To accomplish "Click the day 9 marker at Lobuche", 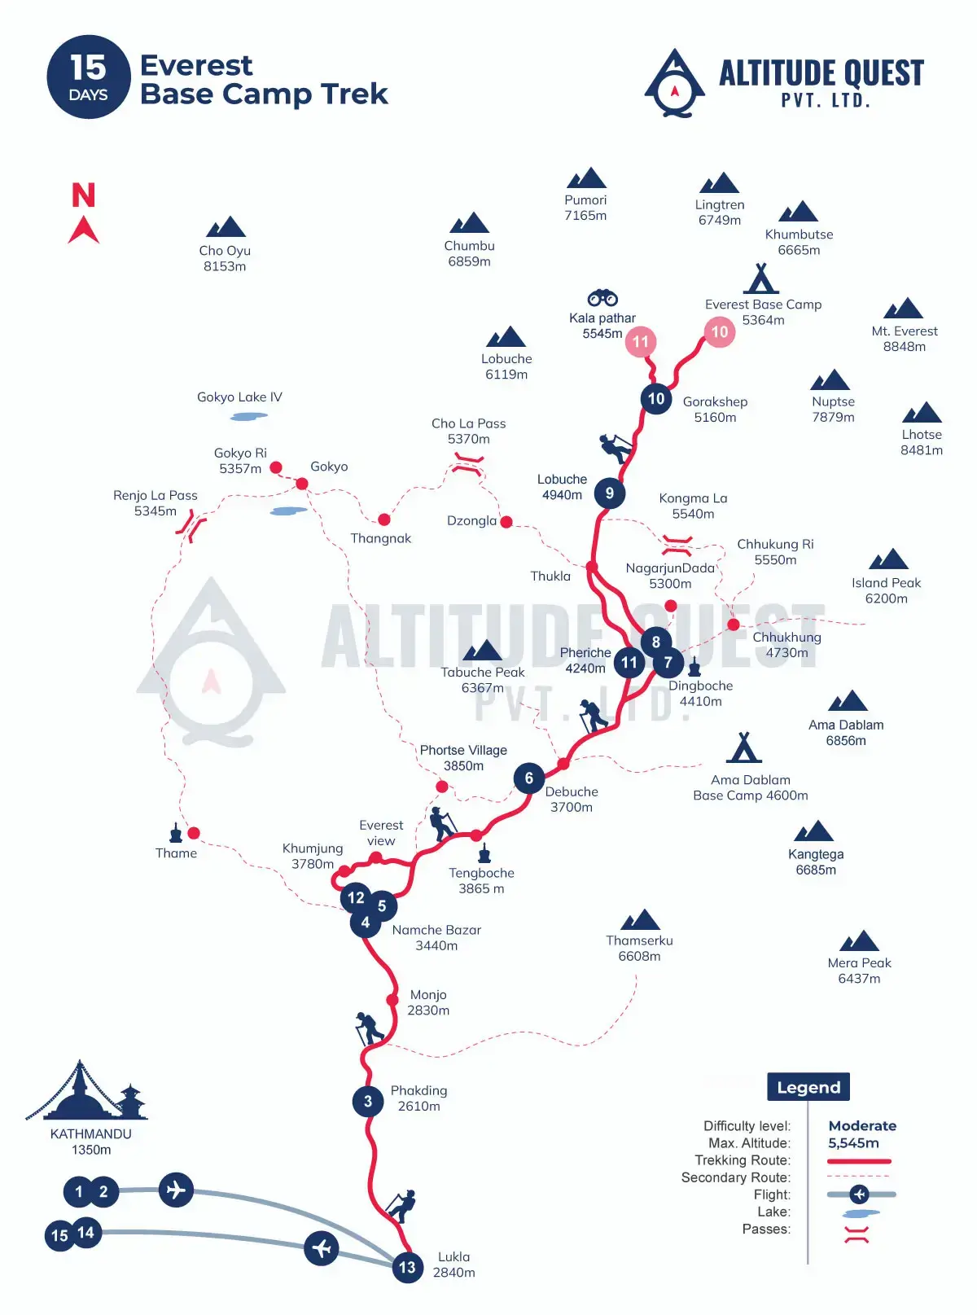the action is [x=609, y=493].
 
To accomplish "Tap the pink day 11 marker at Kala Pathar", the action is [x=641, y=341].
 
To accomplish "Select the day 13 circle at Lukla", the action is [x=407, y=1267].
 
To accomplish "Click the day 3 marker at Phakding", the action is [x=368, y=1101].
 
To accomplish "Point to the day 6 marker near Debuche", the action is [x=529, y=778].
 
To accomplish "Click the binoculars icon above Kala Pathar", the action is [x=602, y=298].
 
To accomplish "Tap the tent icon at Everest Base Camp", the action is [x=761, y=278].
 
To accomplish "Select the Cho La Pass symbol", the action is [x=468, y=465].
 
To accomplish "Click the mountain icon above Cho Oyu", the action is [x=226, y=226].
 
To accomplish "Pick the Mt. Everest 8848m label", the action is [x=905, y=339].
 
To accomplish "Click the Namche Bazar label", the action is [x=436, y=937].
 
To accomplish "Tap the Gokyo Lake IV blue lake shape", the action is [x=249, y=416].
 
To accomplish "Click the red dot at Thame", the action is [x=194, y=833].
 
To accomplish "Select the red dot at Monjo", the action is [x=392, y=999].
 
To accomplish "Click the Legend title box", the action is [x=808, y=1087].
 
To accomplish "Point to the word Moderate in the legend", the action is [x=862, y=1125].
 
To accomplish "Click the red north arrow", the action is [x=83, y=230].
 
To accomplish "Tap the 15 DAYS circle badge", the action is [x=89, y=77].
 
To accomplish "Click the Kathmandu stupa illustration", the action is [x=88, y=1091].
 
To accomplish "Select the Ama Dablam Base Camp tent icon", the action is [x=744, y=747].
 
